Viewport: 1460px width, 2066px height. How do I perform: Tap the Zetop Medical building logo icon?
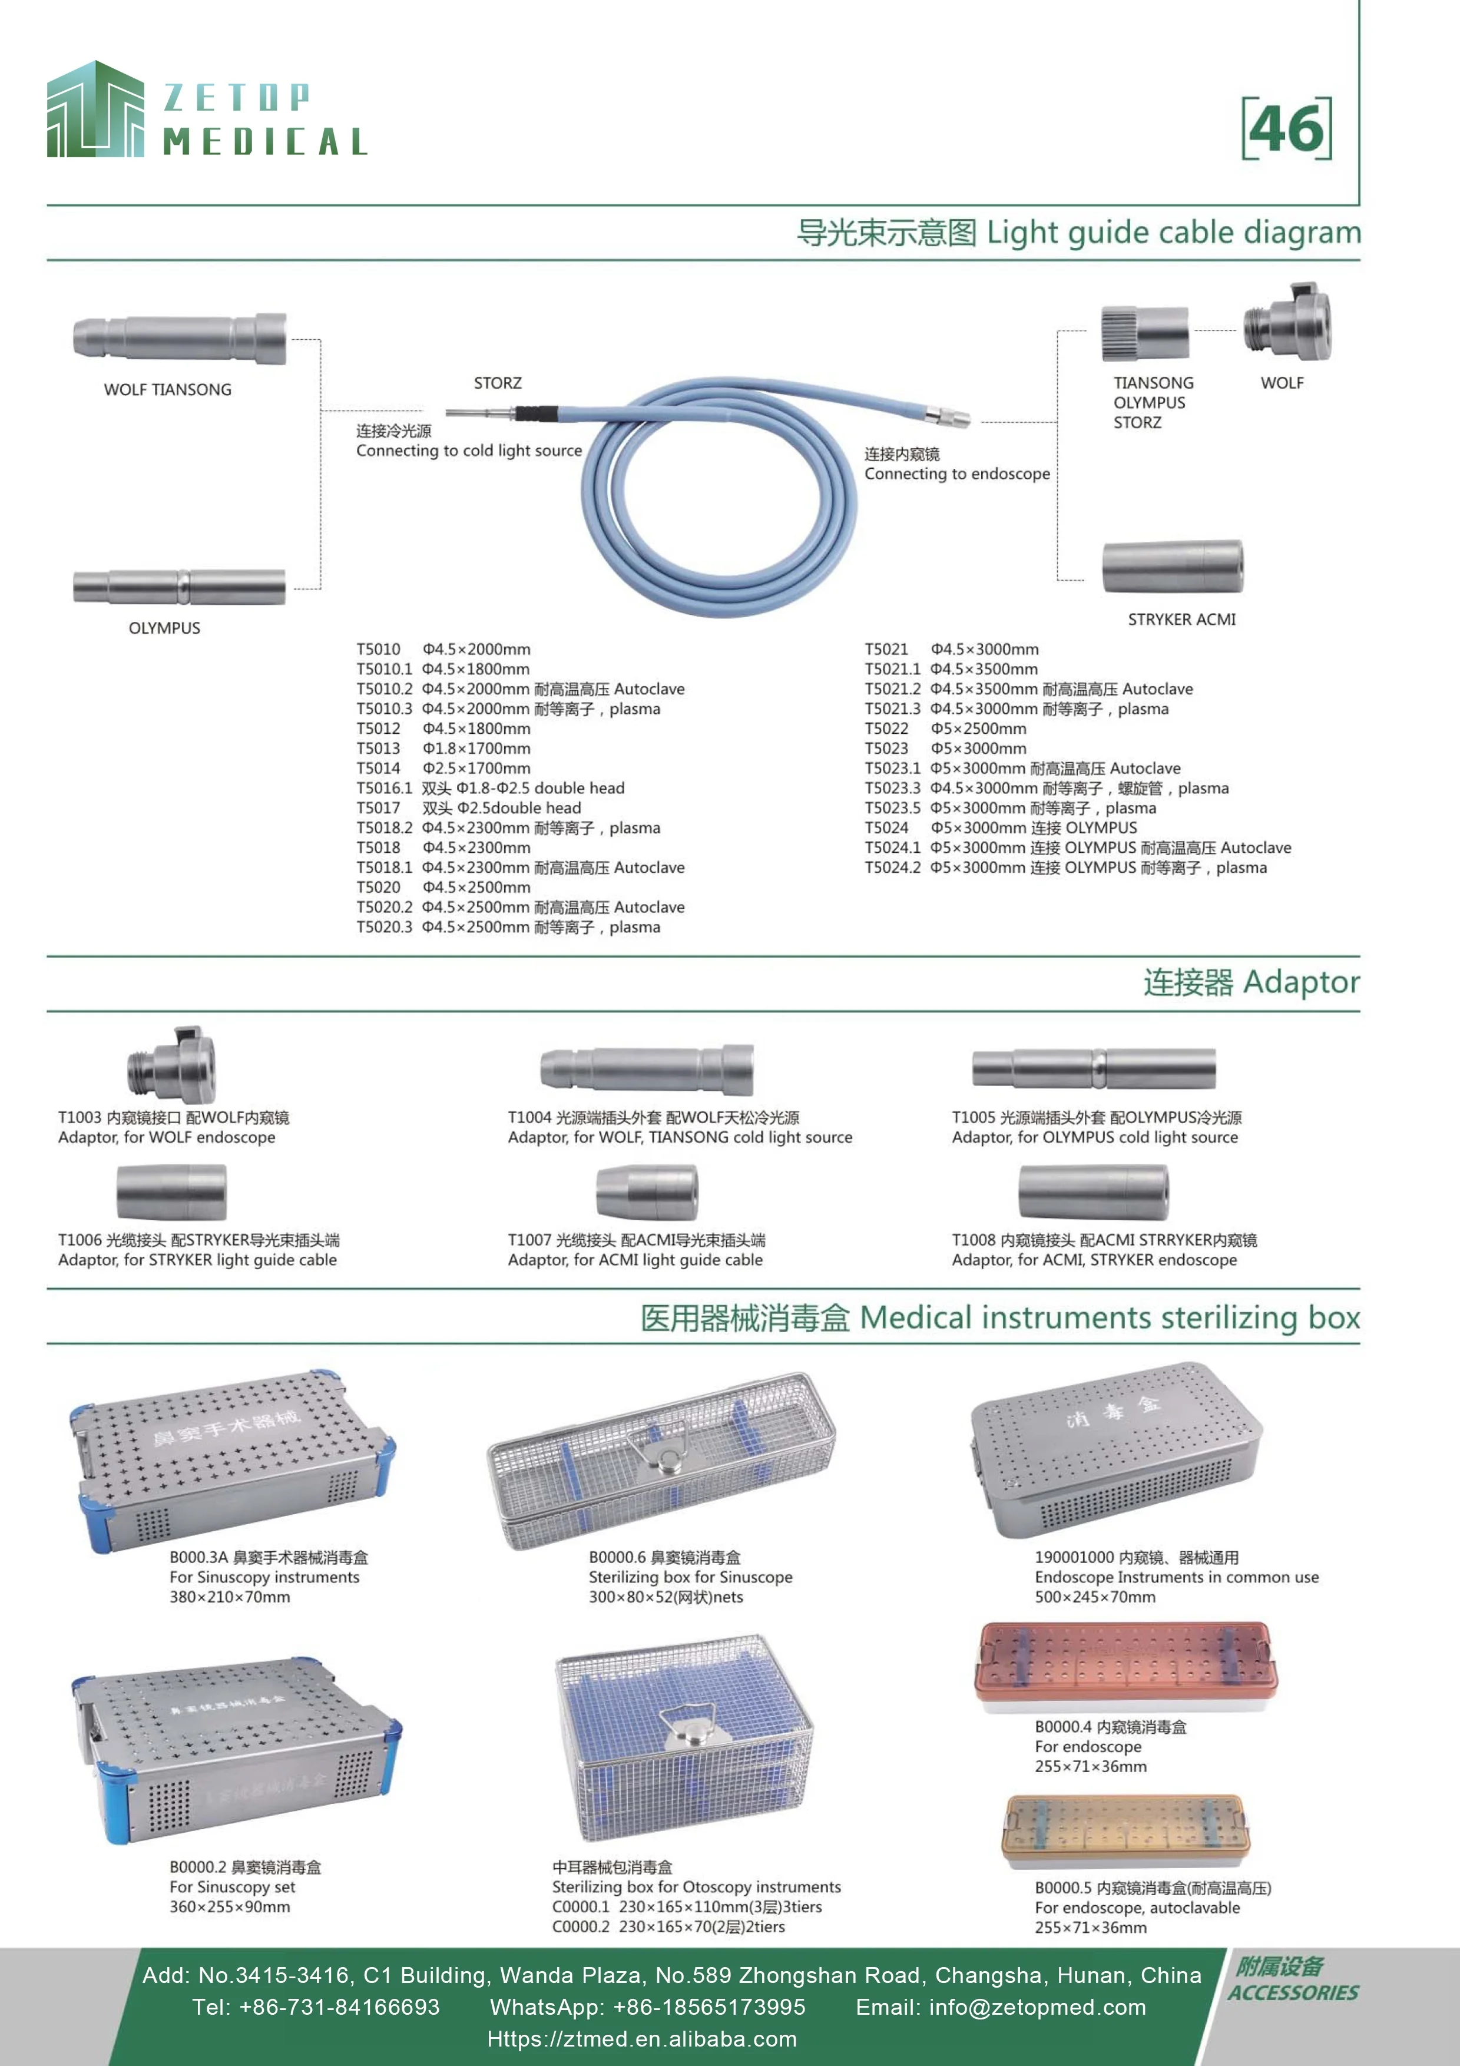click(x=95, y=110)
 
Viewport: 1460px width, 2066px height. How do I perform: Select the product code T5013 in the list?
click(x=378, y=749)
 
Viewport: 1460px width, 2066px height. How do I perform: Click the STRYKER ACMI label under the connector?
click(x=1181, y=619)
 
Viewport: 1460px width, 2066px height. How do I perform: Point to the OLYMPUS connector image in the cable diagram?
click(x=179, y=587)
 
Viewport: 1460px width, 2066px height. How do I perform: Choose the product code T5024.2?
click(x=892, y=868)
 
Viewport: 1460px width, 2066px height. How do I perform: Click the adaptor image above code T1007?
click(x=647, y=1192)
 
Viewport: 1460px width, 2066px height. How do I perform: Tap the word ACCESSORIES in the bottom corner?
click(x=1293, y=1993)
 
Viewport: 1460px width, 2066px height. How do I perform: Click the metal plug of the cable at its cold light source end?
click(x=478, y=415)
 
